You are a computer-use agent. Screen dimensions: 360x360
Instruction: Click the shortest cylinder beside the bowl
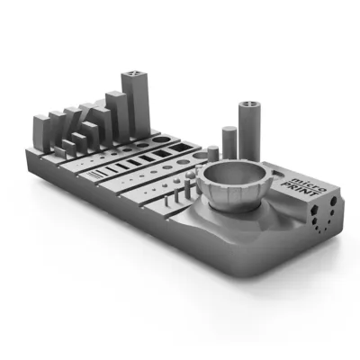[x=211, y=155]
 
